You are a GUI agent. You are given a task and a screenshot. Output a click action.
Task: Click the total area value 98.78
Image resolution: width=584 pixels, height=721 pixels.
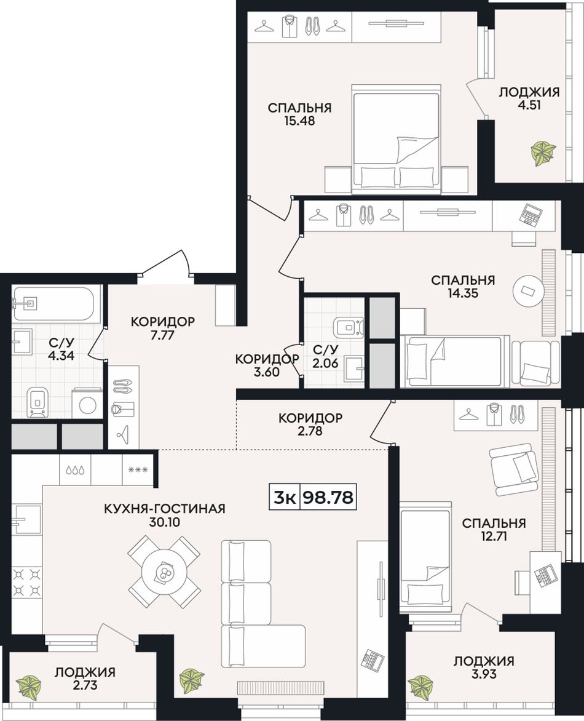pyautogui.click(x=328, y=497)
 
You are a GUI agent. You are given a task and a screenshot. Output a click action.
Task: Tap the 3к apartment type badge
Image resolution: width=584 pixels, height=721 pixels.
pyautogui.click(x=285, y=497)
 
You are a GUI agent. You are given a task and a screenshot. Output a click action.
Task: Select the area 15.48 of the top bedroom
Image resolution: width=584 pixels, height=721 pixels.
pyautogui.click(x=299, y=121)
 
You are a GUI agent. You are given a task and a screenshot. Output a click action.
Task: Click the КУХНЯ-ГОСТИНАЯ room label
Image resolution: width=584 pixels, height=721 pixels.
pyautogui.click(x=165, y=509)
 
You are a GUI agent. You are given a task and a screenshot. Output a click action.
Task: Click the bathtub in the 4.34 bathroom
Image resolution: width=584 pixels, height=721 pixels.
pyautogui.click(x=53, y=304)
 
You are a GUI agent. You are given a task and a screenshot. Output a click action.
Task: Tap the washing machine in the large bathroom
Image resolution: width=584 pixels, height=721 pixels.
pyautogui.click(x=87, y=404)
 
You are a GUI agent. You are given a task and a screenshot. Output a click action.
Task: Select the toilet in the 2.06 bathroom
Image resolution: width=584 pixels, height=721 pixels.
pyautogui.click(x=349, y=328)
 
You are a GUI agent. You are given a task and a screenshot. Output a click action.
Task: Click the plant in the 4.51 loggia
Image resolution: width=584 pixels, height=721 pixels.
pyautogui.click(x=543, y=153)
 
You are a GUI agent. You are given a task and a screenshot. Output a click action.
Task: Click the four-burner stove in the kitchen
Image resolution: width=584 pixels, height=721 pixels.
pyautogui.click(x=26, y=581)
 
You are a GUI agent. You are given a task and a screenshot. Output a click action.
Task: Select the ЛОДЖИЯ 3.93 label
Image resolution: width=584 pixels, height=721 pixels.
pyautogui.click(x=484, y=667)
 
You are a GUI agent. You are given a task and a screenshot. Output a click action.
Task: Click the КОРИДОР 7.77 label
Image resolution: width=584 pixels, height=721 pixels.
pyautogui.click(x=163, y=328)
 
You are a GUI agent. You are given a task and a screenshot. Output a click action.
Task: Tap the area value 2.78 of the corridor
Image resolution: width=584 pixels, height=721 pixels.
pyautogui.click(x=310, y=431)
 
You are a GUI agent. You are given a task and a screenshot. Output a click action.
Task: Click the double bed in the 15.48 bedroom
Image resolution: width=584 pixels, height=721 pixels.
pyautogui.click(x=396, y=139)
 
